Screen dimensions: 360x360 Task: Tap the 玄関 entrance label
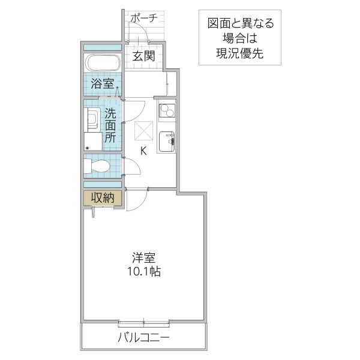(x=144, y=56)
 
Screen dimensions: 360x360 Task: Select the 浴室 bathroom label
(x=102, y=83)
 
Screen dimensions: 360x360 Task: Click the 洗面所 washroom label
(x=110, y=125)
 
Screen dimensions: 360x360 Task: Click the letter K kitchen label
(x=143, y=151)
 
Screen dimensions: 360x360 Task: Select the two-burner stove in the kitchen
(x=167, y=111)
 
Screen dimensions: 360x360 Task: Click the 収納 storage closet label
(x=102, y=197)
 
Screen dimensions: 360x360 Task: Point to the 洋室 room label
(x=144, y=259)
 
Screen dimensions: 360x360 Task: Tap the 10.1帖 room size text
(x=144, y=272)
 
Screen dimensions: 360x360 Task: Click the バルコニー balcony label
(x=144, y=338)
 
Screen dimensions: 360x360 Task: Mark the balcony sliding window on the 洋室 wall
(x=144, y=322)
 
